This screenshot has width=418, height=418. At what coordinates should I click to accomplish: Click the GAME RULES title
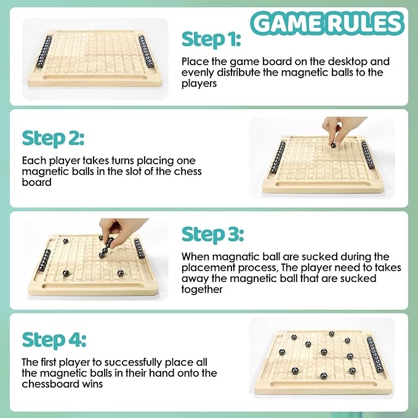point(327,23)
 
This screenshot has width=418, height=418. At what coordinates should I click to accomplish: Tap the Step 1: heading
point(211,40)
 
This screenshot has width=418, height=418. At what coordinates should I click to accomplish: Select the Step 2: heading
point(53,139)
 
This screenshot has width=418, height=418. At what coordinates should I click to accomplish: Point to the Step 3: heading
point(212,235)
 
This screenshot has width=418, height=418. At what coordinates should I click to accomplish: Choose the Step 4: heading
point(54,340)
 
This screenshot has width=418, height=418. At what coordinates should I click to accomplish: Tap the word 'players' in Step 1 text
point(199,84)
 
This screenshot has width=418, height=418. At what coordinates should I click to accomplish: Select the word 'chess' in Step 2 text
point(188,171)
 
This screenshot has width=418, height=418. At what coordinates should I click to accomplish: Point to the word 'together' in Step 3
point(202,289)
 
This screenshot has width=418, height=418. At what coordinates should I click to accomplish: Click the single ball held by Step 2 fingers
point(333,145)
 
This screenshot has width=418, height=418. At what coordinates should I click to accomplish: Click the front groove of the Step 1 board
point(95,78)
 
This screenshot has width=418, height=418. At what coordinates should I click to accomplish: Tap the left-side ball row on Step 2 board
point(278,157)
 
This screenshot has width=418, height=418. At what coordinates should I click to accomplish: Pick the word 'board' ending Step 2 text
point(36,182)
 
